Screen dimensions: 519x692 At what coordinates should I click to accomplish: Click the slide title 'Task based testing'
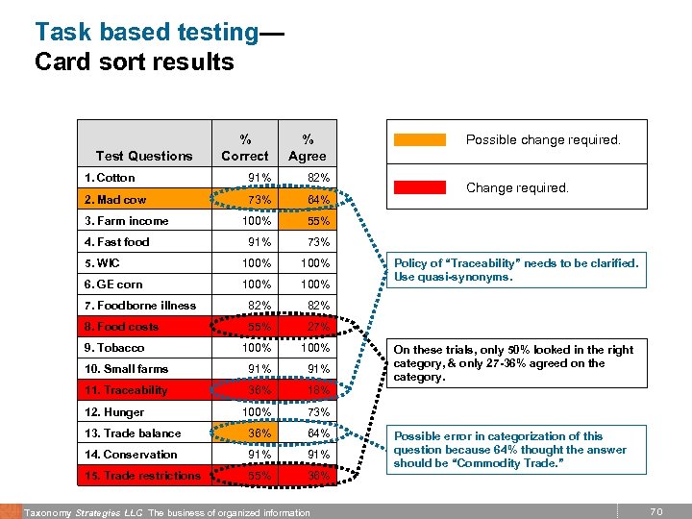click(146, 32)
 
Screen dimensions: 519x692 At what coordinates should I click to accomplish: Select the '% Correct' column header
click(244, 147)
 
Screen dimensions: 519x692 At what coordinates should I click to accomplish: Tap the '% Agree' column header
click(307, 147)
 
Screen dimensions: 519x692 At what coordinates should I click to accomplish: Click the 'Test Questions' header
click(144, 156)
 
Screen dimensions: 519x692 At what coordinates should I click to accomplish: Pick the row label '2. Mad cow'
click(115, 199)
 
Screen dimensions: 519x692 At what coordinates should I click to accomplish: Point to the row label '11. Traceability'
click(126, 390)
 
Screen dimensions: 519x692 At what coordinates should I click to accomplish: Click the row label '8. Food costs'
click(121, 327)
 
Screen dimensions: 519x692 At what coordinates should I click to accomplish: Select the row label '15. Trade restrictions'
click(142, 476)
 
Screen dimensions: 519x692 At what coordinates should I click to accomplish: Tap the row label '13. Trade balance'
click(132, 433)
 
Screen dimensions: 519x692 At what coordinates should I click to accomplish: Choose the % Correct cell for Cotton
click(259, 178)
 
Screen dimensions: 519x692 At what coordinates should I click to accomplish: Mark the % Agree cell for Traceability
click(316, 390)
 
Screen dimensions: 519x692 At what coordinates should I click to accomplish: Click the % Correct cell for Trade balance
click(259, 433)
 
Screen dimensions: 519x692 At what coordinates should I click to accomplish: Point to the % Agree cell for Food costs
click(316, 327)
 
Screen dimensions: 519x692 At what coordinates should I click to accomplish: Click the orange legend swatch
click(420, 139)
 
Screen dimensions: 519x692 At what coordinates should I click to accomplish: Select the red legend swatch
click(420, 188)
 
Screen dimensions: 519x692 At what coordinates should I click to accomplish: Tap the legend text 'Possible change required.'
click(543, 139)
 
